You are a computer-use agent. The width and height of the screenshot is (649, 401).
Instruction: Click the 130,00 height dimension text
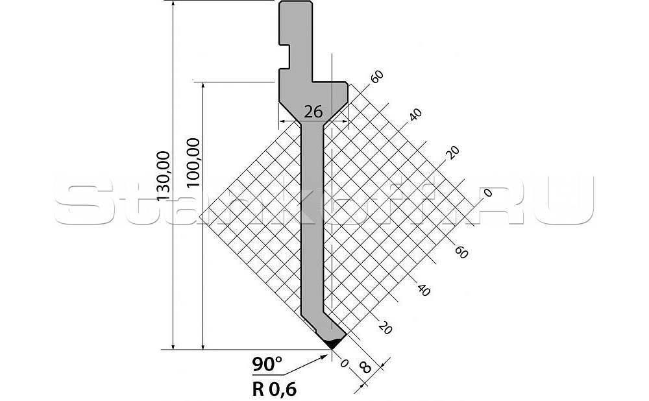click(x=164, y=175)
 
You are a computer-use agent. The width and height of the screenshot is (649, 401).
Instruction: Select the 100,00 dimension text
click(x=193, y=162)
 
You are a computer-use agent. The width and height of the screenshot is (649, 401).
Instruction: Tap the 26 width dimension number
click(x=313, y=112)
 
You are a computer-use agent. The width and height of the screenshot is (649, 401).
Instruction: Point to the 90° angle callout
click(x=267, y=365)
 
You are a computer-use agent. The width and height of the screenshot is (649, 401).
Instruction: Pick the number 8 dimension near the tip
click(x=365, y=369)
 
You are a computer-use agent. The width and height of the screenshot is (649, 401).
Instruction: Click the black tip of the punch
click(x=332, y=343)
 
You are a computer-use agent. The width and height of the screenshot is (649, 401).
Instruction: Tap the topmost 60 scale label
click(x=377, y=77)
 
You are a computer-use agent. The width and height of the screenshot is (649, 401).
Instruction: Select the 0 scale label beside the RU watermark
click(x=487, y=192)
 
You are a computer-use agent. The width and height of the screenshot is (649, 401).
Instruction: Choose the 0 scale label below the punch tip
click(x=344, y=363)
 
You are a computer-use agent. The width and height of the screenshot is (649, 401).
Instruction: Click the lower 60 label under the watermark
click(x=461, y=252)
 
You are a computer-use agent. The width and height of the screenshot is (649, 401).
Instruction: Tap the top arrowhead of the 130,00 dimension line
click(x=174, y=4)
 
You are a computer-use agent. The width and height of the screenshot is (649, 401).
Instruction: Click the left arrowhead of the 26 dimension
click(x=281, y=121)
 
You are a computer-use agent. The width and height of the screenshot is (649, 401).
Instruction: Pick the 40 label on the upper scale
click(x=415, y=115)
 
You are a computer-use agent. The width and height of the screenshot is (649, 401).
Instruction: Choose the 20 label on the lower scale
click(x=384, y=328)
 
